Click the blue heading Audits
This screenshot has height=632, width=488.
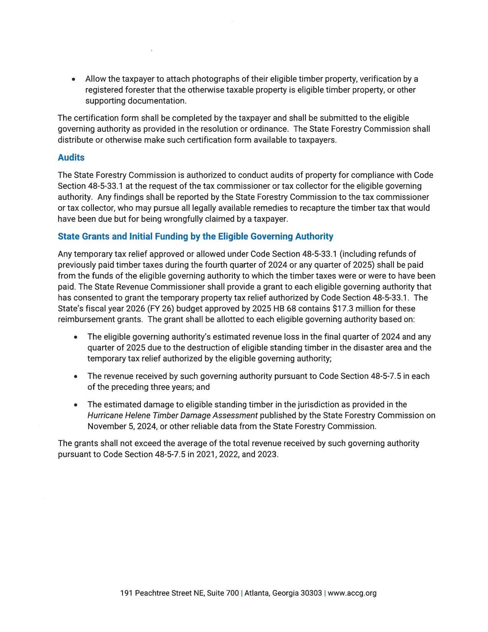[71, 157]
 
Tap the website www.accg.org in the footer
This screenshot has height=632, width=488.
[352, 593]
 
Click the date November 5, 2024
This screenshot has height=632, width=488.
[121, 426]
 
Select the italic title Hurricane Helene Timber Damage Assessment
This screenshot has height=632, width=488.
[172, 415]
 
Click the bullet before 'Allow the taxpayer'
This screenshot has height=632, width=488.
[73, 79]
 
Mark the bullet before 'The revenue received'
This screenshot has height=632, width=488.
[76, 377]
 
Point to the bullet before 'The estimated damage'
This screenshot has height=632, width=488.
[76, 405]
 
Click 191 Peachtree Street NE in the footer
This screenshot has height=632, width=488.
[162, 593]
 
